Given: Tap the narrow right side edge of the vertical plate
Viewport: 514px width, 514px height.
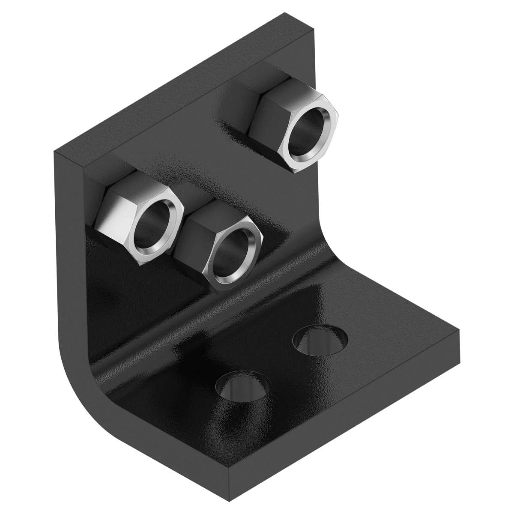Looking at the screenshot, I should point(316,128).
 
